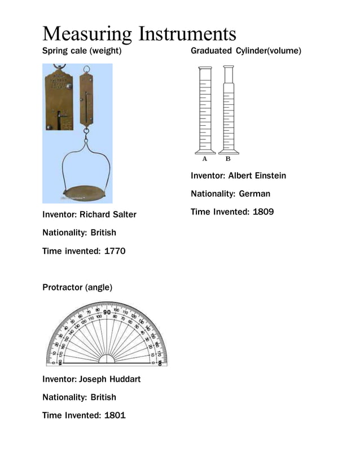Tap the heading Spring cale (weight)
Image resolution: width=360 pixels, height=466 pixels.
82,51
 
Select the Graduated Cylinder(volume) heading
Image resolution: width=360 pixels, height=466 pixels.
246,51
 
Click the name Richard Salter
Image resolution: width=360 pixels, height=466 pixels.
108,215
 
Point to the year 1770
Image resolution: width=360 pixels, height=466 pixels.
115,251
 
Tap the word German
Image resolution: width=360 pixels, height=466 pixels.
254,194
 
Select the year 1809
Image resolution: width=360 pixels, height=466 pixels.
264,212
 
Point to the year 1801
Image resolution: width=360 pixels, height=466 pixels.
115,415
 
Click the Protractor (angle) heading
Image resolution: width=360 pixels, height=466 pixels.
77,288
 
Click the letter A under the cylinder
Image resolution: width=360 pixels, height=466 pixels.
204,159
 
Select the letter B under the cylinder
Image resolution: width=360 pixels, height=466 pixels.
228,159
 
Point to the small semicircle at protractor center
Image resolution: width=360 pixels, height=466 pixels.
107,359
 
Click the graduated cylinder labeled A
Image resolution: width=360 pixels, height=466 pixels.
205,110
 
